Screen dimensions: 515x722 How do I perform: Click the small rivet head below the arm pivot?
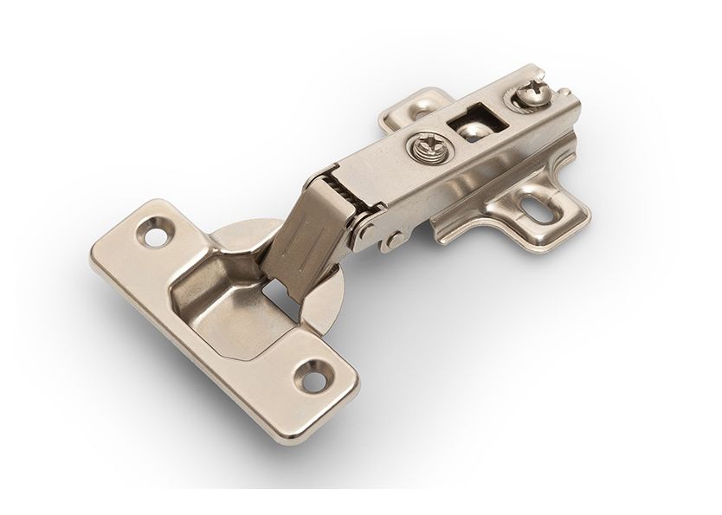393,240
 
